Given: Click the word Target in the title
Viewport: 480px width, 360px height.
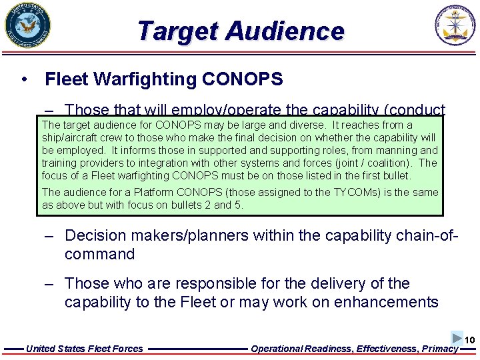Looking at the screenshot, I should pos(177,31).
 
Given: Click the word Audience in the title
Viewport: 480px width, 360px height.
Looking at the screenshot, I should pos(285,31).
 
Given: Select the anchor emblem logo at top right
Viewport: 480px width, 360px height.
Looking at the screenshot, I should pos(457,26).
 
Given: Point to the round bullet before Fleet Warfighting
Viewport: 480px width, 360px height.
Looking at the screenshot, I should pos(24,79).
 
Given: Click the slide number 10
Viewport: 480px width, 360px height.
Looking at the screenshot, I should pos(470,341).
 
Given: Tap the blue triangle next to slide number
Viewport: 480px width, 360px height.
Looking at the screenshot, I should pos(457,338).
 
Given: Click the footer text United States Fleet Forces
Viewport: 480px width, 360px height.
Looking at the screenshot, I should pos(84,348).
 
